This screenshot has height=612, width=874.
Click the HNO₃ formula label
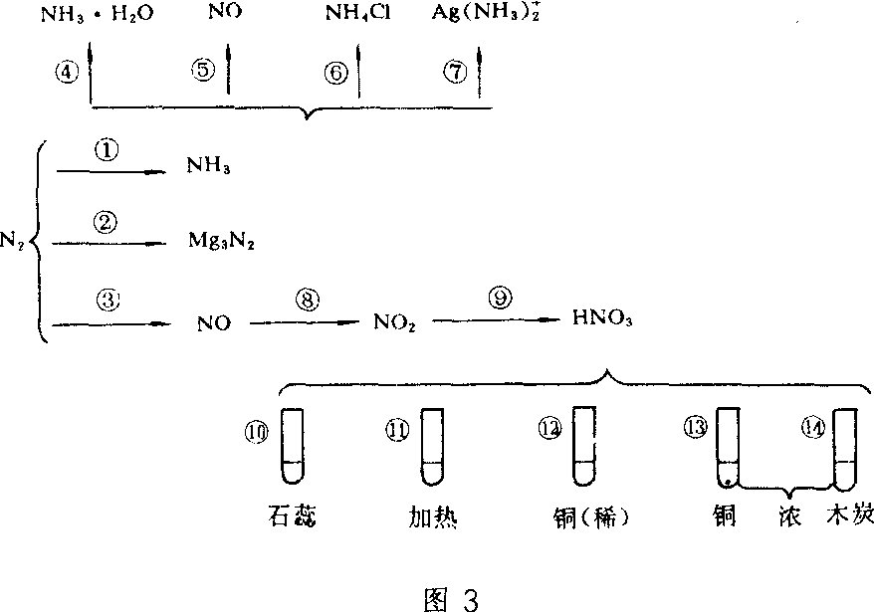pyautogui.click(x=601, y=320)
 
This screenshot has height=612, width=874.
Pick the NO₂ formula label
pyautogui.click(x=396, y=322)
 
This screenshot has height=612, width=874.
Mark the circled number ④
pyautogui.click(x=68, y=72)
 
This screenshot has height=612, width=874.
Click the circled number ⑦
pyautogui.click(x=457, y=72)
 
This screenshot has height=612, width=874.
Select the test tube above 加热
pyautogui.click(x=431, y=445)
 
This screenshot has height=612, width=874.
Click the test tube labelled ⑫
pyautogui.click(x=584, y=445)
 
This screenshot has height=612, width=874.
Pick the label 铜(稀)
pyautogui.click(x=593, y=518)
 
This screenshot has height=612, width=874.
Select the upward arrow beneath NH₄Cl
pyautogui.click(x=358, y=72)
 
